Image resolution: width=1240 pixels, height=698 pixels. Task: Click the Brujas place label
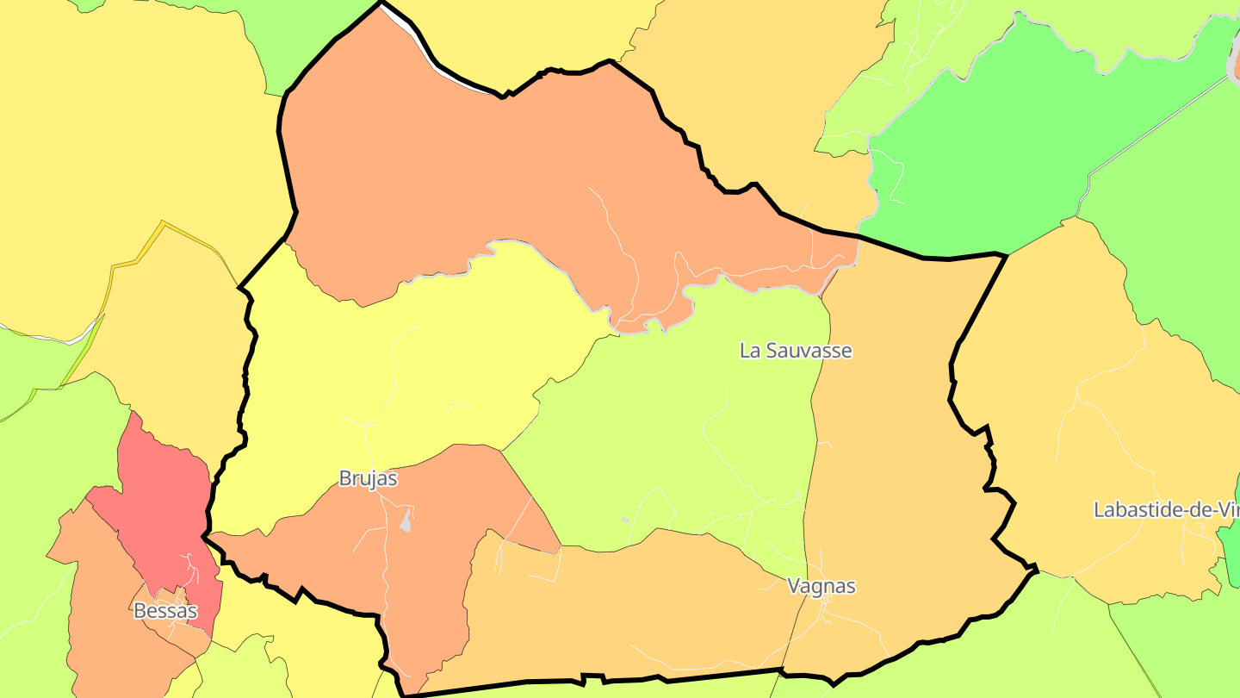[368, 478]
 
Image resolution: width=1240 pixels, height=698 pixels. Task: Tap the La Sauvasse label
[796, 351]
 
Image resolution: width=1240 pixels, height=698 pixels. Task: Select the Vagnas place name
[821, 586]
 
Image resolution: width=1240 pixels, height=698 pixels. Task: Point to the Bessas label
[165, 611]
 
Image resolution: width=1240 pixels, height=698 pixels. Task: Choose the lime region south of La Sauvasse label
[689, 448]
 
